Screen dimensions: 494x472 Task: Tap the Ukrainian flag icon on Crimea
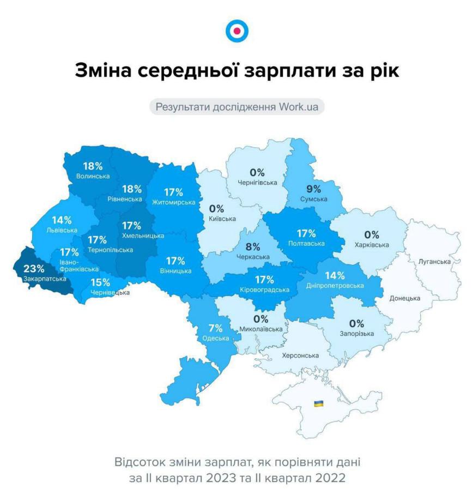[x=318, y=403]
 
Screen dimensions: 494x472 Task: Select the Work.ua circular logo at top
[x=236, y=31]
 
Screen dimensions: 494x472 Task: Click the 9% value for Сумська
[x=313, y=190]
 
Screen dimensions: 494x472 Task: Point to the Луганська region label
[x=434, y=262]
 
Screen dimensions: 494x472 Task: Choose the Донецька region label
[x=404, y=299]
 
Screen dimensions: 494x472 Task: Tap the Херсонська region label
[x=300, y=356]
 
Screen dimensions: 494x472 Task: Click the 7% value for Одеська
[x=215, y=328]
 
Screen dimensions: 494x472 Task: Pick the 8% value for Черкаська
[x=253, y=247]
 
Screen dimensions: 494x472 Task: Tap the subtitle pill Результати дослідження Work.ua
[x=237, y=106]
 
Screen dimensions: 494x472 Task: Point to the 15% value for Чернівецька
[x=100, y=282]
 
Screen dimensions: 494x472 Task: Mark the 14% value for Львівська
[x=62, y=220]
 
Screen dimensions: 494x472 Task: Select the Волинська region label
[x=93, y=176]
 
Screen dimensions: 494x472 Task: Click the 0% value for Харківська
[x=372, y=235]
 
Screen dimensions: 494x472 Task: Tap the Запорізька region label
[x=356, y=333]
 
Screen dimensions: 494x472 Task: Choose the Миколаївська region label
[x=261, y=329]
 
